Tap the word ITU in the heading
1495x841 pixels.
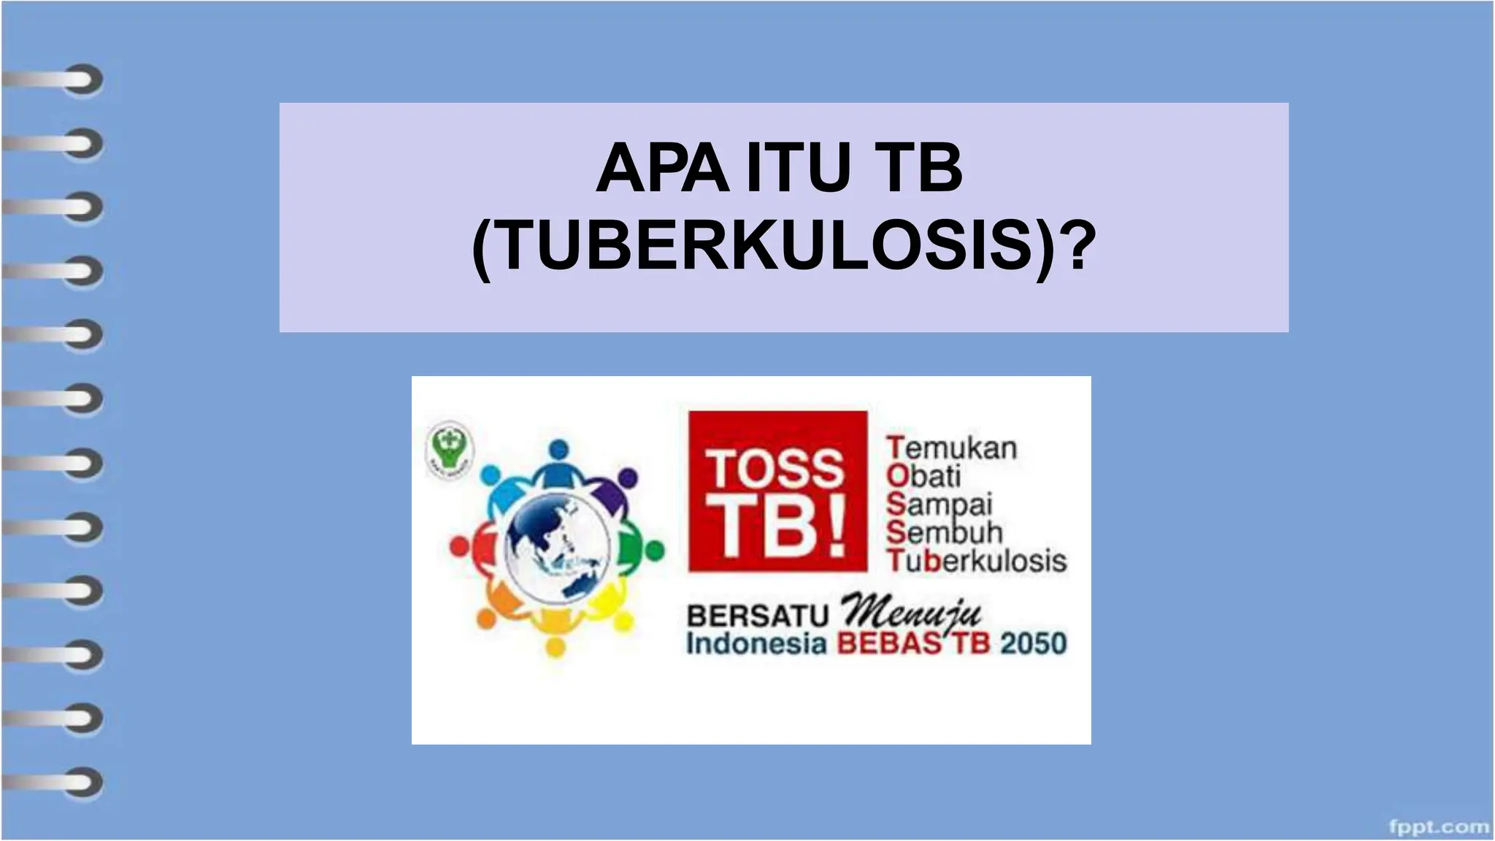click(x=799, y=169)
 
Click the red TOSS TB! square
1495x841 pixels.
click(x=778, y=491)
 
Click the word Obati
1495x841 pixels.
click(x=923, y=476)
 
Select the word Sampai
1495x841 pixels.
click(x=939, y=505)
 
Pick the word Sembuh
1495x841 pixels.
click(x=945, y=533)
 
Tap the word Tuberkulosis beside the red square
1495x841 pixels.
click(x=977, y=561)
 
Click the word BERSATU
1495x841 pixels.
click(x=758, y=616)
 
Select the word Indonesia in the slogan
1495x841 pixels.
click(x=756, y=644)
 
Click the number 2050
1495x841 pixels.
click(x=1033, y=644)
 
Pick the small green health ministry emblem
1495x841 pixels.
click(x=449, y=447)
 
